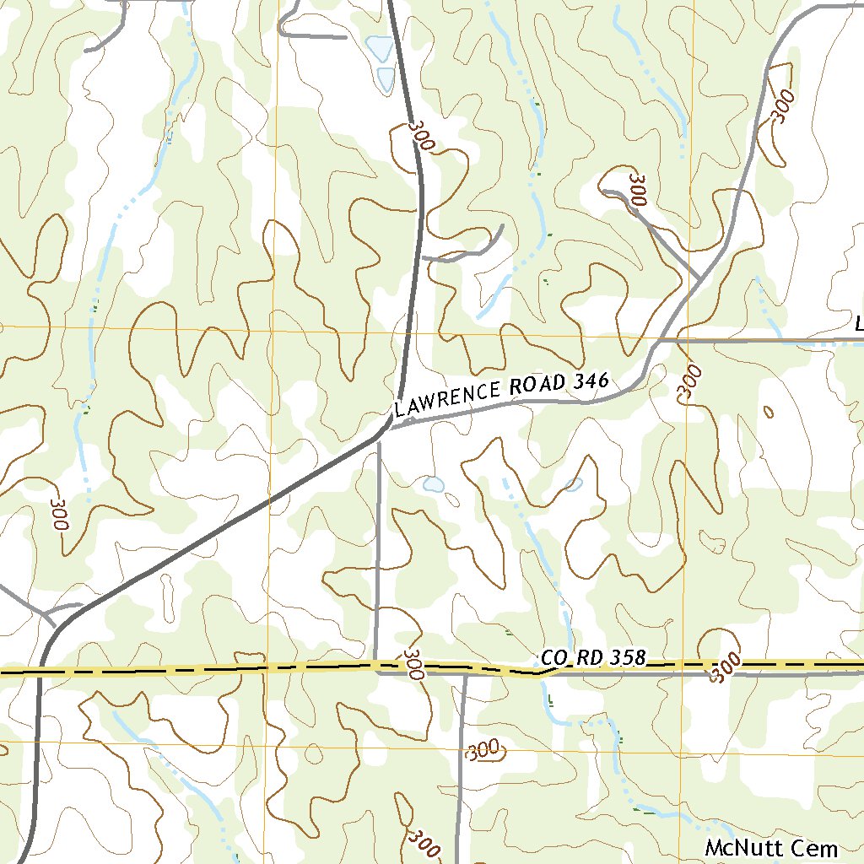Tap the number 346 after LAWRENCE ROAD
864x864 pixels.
tap(590, 381)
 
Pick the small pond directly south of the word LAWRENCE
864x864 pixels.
tap(434, 484)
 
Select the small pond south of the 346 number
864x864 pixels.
tap(574, 485)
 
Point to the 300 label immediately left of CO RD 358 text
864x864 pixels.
tap(413, 664)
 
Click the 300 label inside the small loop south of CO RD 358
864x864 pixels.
tap(483, 749)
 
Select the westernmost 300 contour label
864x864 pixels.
tap(57, 514)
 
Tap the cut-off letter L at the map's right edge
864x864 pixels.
tap(858, 323)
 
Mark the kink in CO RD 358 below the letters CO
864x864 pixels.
tap(537, 673)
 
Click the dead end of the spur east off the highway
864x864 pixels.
tap(503, 225)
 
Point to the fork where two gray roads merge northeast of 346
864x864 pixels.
tap(700, 277)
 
